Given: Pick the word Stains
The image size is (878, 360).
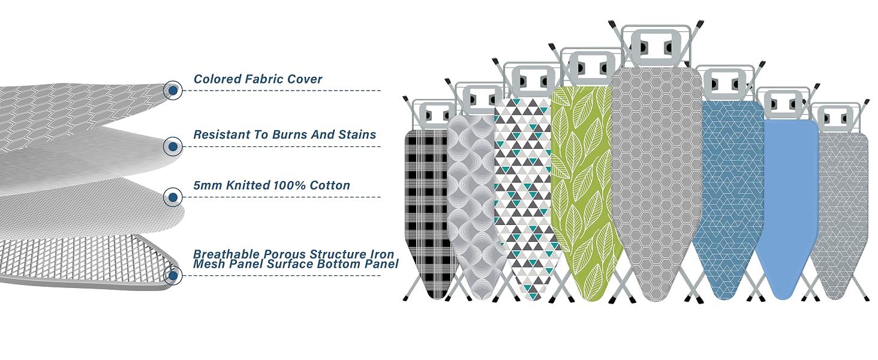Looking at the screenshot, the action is click(x=357, y=134).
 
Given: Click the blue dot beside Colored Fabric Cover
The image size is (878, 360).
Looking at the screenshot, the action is click(x=173, y=91).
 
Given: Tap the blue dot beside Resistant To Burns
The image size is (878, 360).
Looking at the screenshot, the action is click(x=173, y=146).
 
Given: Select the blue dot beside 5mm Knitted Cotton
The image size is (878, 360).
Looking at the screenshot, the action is click(x=173, y=197).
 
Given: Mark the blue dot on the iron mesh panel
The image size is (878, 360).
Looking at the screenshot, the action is click(x=173, y=275).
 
